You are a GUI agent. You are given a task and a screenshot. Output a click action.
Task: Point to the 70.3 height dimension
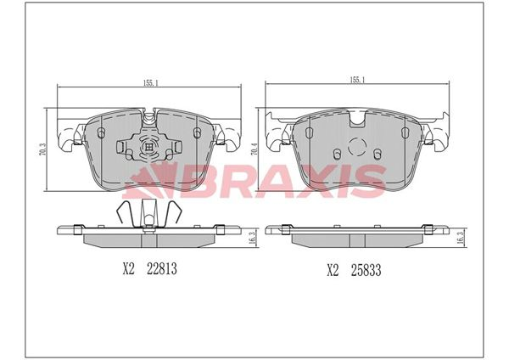[x=41, y=151]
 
